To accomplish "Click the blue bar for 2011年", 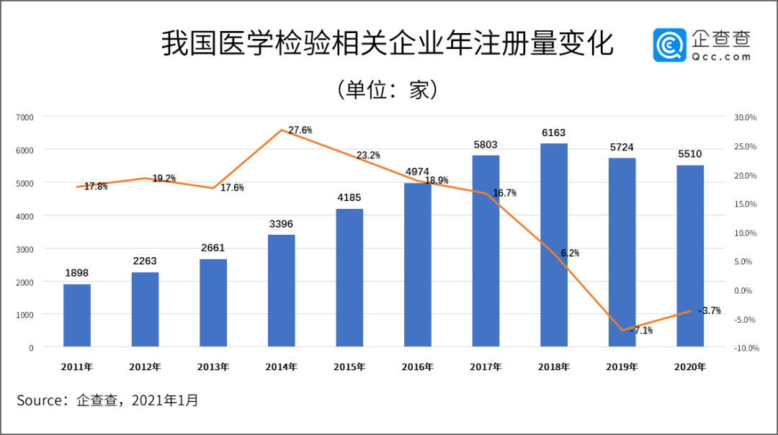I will coord(77,315).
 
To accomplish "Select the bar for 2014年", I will coord(282,290).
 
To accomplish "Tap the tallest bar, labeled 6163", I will coord(554,245).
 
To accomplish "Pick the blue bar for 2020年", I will coord(690,256).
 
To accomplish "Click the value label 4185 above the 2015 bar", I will coord(349,197).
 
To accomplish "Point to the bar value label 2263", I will coord(145,261).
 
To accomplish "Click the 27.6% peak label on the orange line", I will coord(300,130).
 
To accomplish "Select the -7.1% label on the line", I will coord(641,331).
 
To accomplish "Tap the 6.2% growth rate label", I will coord(569,253).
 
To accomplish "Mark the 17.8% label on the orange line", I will coord(96,187).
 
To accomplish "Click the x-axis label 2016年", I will coord(418,367).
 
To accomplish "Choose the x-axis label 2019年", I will coord(622,367).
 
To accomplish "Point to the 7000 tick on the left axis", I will coord(25,117).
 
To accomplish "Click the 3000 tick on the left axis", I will coord(25,249).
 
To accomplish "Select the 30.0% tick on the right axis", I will coord(745,117).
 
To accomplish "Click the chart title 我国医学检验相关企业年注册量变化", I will coord(387,44).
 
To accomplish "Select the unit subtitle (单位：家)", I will coord(388,89).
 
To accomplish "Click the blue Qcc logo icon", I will coord(669,45).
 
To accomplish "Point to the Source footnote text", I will coord(107,400).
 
